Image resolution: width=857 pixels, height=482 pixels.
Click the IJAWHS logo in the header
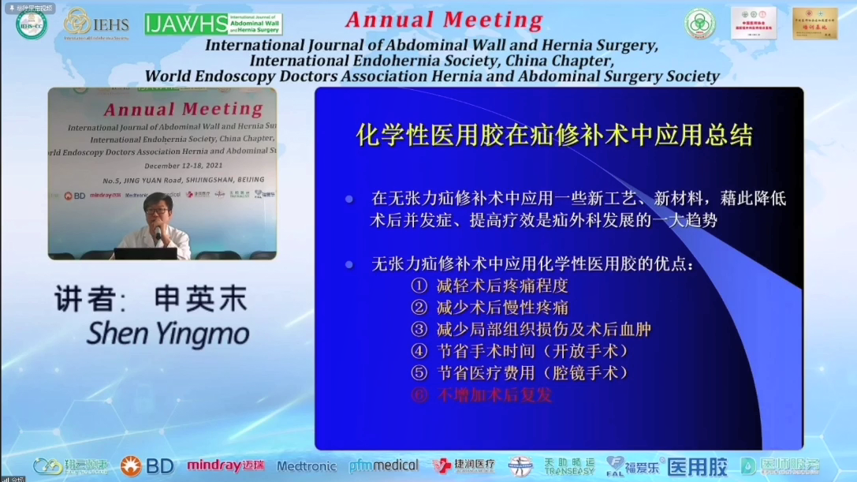click(213, 24)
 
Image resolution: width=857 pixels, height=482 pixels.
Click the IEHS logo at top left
click(96, 24)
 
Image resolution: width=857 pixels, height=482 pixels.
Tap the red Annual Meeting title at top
click(444, 21)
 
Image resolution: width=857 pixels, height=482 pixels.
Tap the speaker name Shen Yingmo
click(167, 334)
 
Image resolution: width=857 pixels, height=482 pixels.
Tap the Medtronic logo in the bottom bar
click(307, 466)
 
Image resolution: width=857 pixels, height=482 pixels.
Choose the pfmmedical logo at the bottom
click(384, 465)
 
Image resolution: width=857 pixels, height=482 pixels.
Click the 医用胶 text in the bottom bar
click(697, 466)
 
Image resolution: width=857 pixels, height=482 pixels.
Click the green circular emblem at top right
click(699, 23)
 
